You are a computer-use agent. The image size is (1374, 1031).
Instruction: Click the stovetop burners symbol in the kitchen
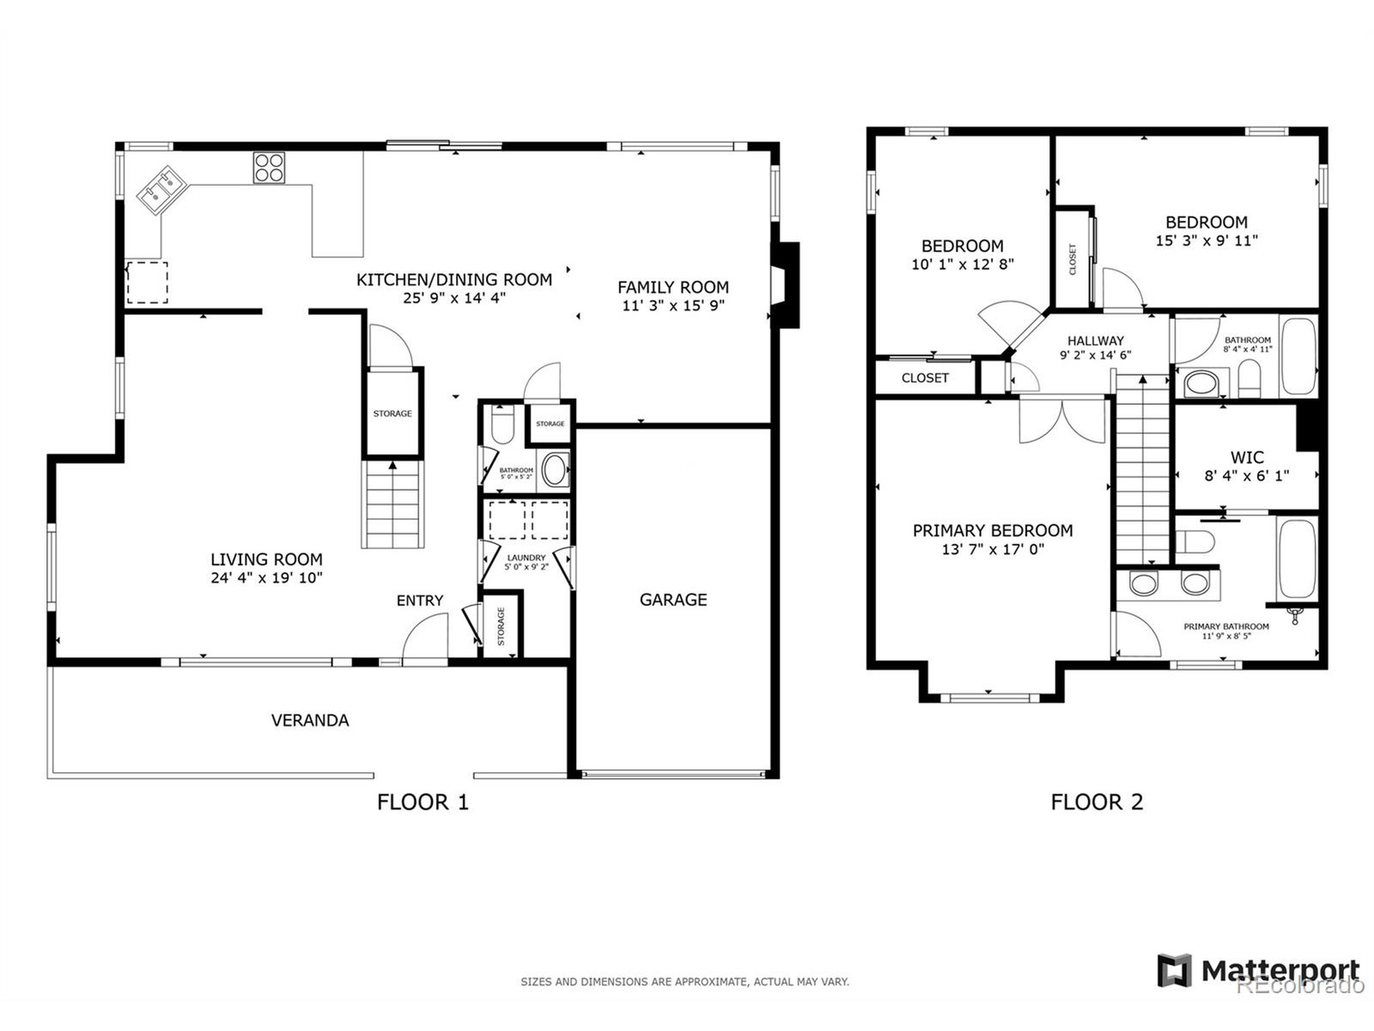269,168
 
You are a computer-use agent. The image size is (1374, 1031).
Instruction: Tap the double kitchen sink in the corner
159,189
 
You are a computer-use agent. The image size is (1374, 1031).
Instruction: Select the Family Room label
673,287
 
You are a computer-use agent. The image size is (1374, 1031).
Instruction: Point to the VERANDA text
310,720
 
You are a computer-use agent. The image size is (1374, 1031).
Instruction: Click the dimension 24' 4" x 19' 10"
266,578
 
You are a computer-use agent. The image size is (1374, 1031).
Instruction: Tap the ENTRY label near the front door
420,600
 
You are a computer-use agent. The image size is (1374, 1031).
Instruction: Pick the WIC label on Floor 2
1247,458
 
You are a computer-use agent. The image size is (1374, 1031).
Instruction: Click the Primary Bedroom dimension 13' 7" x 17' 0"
992,549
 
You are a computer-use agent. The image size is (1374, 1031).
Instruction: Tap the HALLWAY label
1095,340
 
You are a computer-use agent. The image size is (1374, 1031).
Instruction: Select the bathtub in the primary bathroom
1296,558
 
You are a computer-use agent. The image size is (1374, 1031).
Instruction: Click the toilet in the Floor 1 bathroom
501,424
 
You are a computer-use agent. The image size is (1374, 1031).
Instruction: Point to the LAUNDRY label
526,557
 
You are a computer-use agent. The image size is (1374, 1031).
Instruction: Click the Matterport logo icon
1174,970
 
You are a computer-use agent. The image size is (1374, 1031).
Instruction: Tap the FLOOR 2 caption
1097,802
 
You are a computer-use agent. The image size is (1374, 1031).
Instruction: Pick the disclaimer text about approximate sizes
684,982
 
